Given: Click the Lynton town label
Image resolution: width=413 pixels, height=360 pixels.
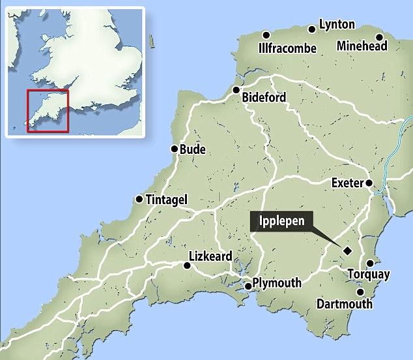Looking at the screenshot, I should pyautogui.click(x=337, y=25).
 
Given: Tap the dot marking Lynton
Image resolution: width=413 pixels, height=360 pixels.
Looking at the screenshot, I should pyautogui.click(x=312, y=29).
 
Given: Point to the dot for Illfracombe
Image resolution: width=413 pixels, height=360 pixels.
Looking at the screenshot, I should pyautogui.click(x=266, y=35).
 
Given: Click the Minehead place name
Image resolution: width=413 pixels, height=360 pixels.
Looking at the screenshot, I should pyautogui.click(x=362, y=46).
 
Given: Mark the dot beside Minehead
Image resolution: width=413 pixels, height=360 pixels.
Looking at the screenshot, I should pyautogui.click(x=379, y=36).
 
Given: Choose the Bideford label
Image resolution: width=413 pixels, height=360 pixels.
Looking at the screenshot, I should pyautogui.click(x=263, y=98).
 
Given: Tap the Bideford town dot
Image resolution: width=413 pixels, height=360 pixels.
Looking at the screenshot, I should pyautogui.click(x=236, y=91).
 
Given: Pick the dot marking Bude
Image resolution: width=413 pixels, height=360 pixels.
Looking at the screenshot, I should pyautogui.click(x=174, y=149).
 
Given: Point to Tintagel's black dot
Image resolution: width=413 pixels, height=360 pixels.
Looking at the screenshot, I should pyautogui.click(x=139, y=199).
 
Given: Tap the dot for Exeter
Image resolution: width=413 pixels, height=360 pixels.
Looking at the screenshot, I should pyautogui.click(x=369, y=183).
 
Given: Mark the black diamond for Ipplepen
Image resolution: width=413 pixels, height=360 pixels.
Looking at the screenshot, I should pyautogui.click(x=347, y=250).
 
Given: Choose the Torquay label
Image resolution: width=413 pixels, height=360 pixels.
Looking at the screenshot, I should pyautogui.click(x=368, y=275).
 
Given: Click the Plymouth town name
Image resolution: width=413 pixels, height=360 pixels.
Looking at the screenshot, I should pyautogui.click(x=278, y=283).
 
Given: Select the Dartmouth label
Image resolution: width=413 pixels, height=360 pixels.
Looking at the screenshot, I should pyautogui.click(x=344, y=304).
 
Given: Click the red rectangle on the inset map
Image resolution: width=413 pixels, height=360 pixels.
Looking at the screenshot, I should pyautogui.click(x=48, y=110).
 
